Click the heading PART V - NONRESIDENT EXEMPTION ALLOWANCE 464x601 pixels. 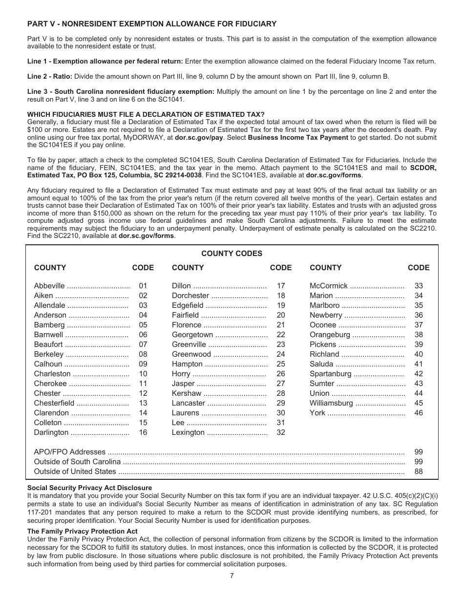pyautogui.click(x=152, y=24)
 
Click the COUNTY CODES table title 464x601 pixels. pyautogui.click(x=232, y=253)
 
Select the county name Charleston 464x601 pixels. pyautogui.click(x=52, y=374)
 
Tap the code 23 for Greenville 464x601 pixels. pyautogui.click(x=281, y=344)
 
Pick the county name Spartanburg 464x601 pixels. pyautogui.click(x=330, y=374)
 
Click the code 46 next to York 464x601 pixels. pyautogui.click(x=419, y=413)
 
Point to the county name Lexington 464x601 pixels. pyautogui.click(x=188, y=432)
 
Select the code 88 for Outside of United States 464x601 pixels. pyautogui.click(x=419, y=472)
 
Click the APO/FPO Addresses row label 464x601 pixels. pyautogui.click(x=69, y=452)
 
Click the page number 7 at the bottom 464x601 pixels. pyautogui.click(x=232, y=575)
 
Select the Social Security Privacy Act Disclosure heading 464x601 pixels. pyautogui.click(x=89, y=488)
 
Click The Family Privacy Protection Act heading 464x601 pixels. pyautogui.click(x=83, y=531)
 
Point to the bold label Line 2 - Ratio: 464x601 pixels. pyautogui.click(x=50, y=76)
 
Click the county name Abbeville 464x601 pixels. pyautogui.click(x=49, y=286)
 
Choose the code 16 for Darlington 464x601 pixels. pyautogui.click(x=143, y=432)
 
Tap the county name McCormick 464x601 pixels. pyautogui.click(x=329, y=286)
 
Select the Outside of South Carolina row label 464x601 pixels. pyautogui.click(x=77, y=462)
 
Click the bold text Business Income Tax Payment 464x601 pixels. pyautogui.click(x=298, y=138)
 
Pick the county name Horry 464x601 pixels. pyautogui.click(x=181, y=374)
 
